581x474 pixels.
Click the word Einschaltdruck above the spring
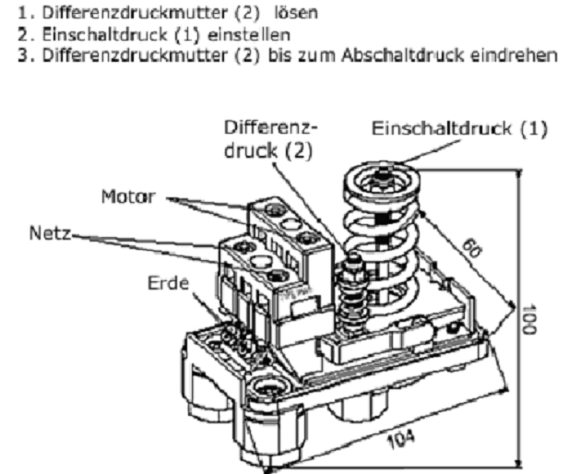[437, 129]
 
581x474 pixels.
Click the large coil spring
[381, 235]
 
